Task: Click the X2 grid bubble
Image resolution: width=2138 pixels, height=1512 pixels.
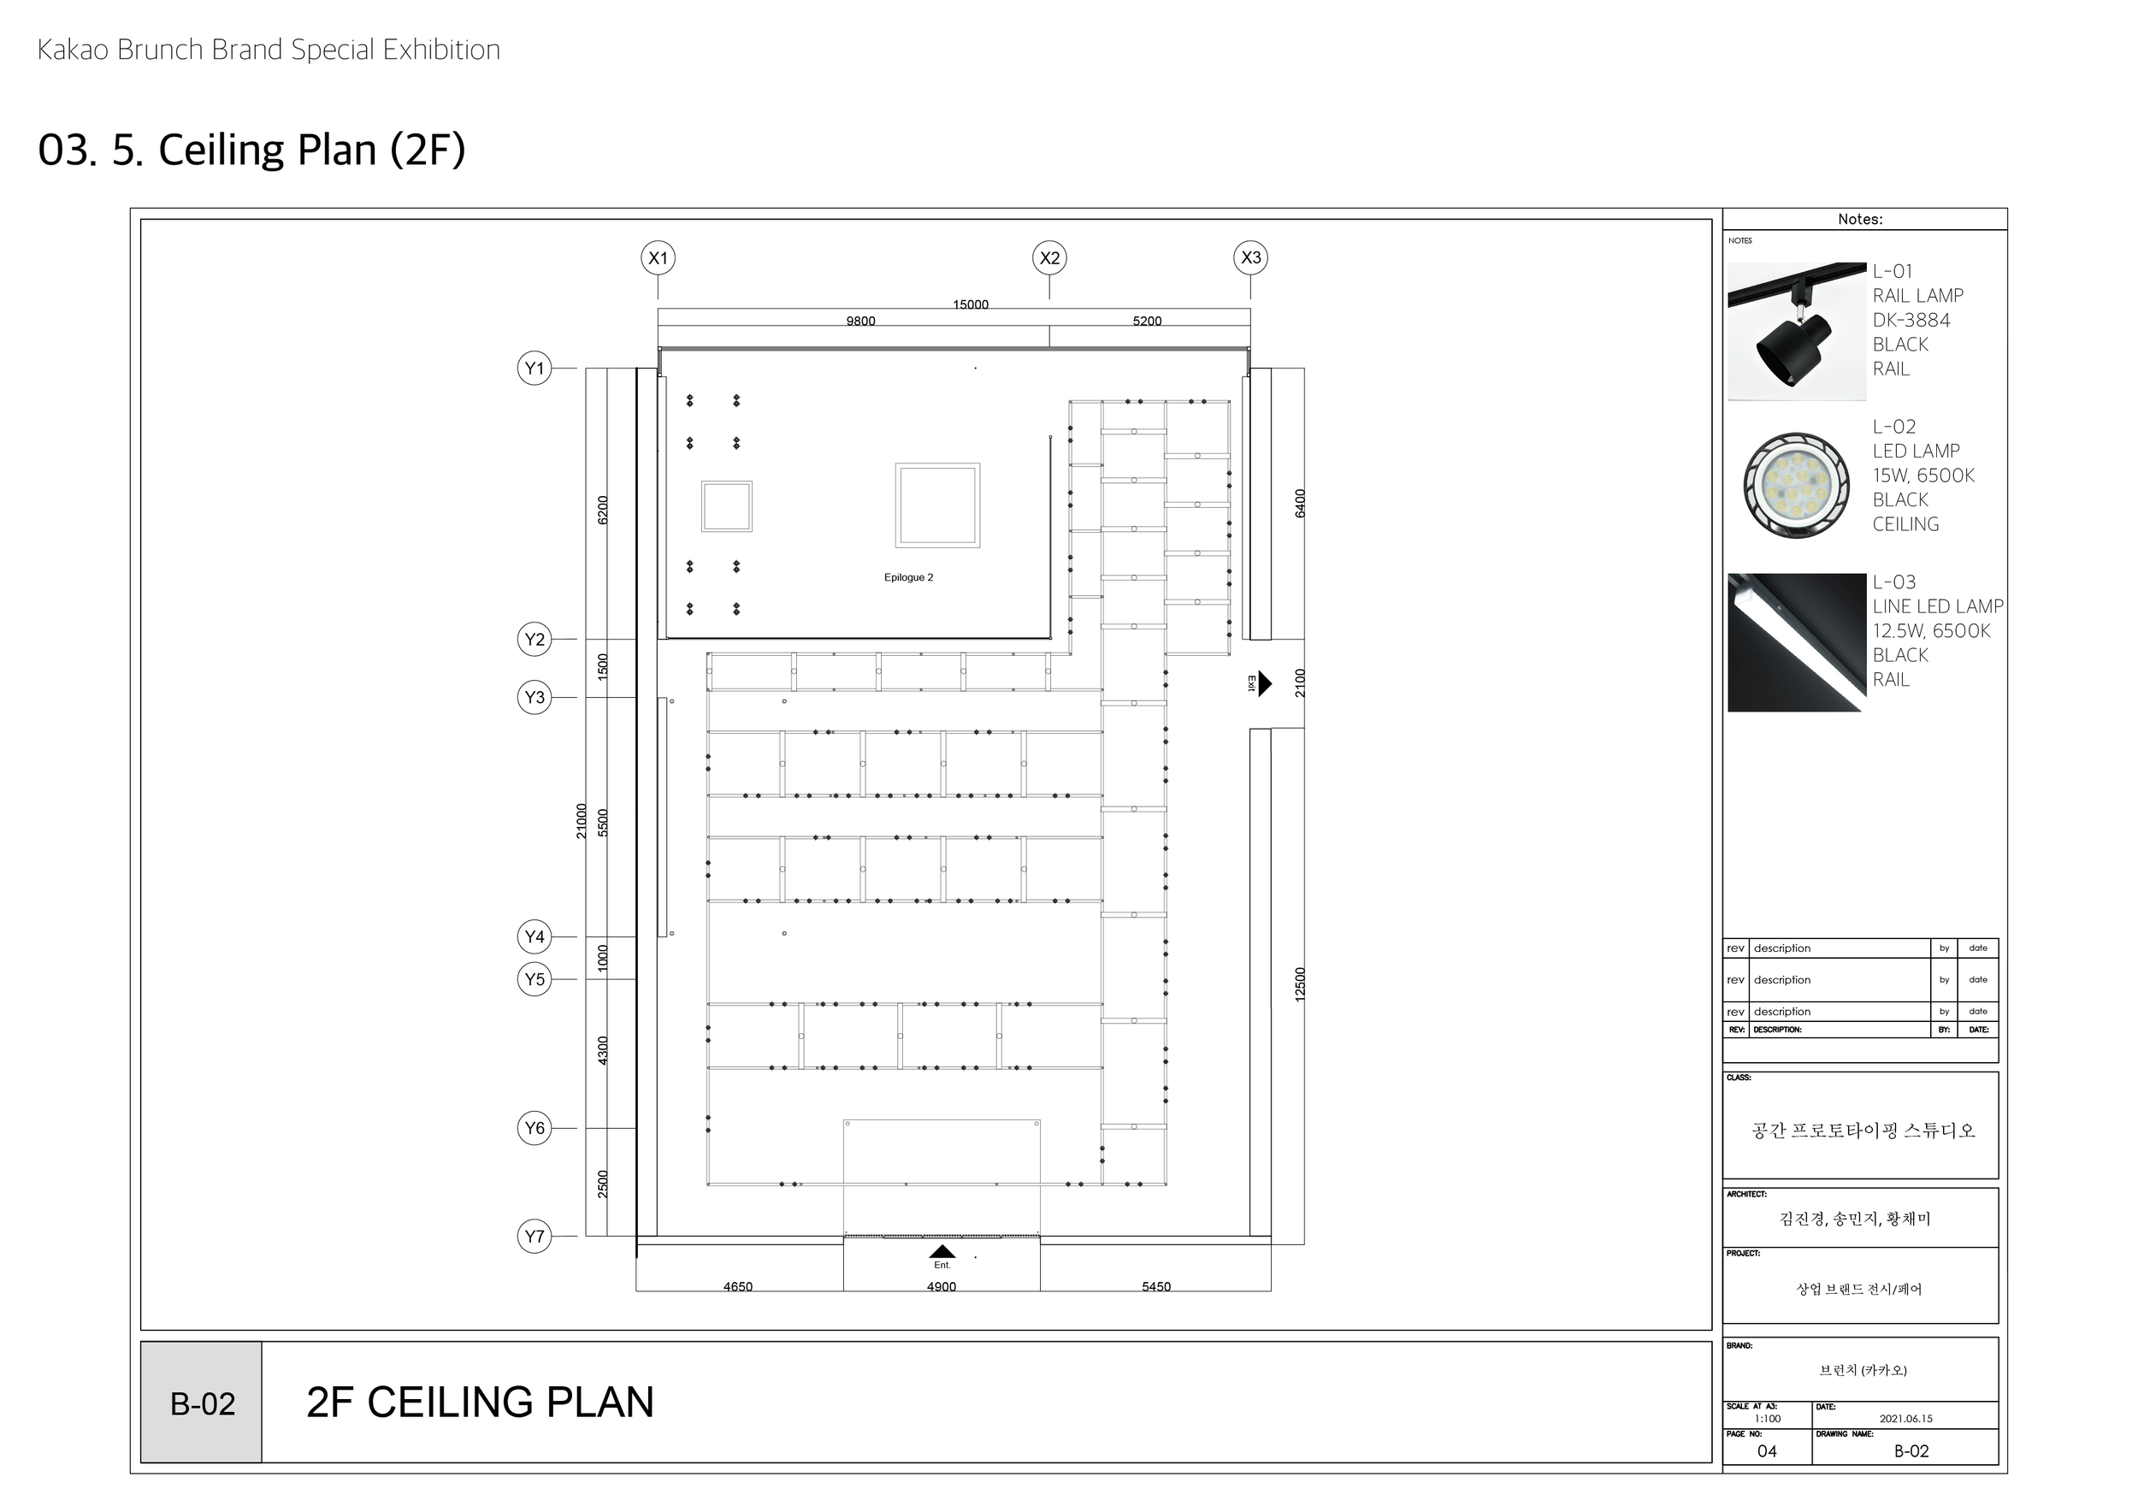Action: click(x=1049, y=258)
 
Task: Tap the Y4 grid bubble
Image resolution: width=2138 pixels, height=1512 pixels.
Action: click(x=534, y=936)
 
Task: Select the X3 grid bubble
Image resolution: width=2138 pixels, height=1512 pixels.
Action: click(x=1250, y=258)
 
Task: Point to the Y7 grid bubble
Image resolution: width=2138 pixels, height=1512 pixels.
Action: click(x=534, y=1237)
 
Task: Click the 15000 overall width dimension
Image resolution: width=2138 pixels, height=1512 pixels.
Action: click(x=971, y=304)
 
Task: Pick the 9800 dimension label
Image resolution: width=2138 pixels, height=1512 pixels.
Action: click(x=860, y=322)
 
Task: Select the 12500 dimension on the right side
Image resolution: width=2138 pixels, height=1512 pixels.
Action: click(x=1300, y=984)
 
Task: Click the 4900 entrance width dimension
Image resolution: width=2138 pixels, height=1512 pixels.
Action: click(x=942, y=1287)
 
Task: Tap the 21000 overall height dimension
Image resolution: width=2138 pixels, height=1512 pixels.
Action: click(x=581, y=821)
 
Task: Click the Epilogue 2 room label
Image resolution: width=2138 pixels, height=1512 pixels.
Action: click(x=908, y=577)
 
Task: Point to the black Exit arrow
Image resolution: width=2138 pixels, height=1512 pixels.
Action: click(x=1265, y=683)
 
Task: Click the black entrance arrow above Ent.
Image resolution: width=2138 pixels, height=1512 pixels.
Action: click(x=942, y=1251)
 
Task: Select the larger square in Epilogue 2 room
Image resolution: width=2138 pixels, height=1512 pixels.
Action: click(x=937, y=505)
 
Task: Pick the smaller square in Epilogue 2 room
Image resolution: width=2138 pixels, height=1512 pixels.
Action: click(x=726, y=506)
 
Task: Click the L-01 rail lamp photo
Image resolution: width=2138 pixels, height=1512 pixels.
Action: click(x=1796, y=332)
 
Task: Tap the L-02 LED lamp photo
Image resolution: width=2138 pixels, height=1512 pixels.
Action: click(x=1796, y=486)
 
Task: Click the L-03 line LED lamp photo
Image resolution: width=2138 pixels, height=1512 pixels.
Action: click(x=1796, y=642)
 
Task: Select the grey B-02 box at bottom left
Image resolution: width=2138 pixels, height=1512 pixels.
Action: click(x=201, y=1403)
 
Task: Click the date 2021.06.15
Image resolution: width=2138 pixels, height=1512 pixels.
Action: click(x=1905, y=1419)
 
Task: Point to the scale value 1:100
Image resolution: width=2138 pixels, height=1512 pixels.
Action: click(x=1767, y=1419)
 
